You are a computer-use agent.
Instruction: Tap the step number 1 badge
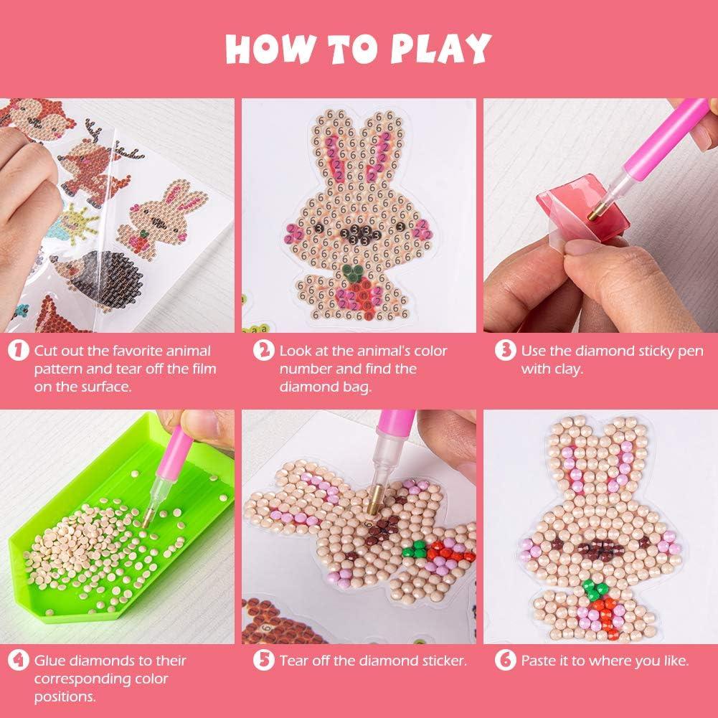[x=19, y=351]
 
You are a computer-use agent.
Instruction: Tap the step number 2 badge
[x=264, y=351]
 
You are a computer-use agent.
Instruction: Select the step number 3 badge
[x=506, y=351]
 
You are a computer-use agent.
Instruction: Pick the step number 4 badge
[x=19, y=661]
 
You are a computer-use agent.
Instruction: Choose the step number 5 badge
[x=264, y=661]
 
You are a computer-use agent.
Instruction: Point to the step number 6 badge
[x=506, y=661]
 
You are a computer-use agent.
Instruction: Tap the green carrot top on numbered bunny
[x=351, y=271]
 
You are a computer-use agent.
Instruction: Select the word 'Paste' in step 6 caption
[x=539, y=661]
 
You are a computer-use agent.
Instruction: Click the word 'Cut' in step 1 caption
[x=46, y=351]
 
